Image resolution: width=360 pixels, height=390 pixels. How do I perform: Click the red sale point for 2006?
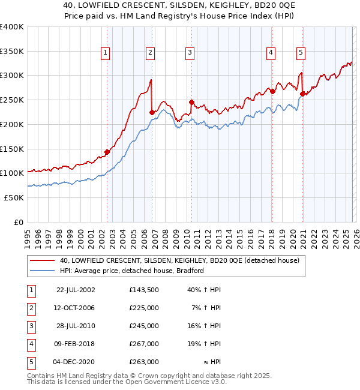[x=152, y=112]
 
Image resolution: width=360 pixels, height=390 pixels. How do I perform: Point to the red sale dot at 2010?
[x=191, y=102]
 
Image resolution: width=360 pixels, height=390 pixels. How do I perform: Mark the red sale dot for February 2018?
[x=272, y=91]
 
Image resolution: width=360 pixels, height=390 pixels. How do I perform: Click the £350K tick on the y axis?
[x=12, y=51]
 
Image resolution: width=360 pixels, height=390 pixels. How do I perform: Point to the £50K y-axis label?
[x=14, y=197]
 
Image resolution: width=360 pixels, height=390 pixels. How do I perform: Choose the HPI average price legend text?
[x=132, y=271]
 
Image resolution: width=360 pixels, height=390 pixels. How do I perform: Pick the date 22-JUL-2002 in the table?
[x=76, y=290]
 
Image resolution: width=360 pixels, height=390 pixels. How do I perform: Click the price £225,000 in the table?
[x=144, y=308]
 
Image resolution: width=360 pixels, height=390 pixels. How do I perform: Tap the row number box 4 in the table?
[x=31, y=344]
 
